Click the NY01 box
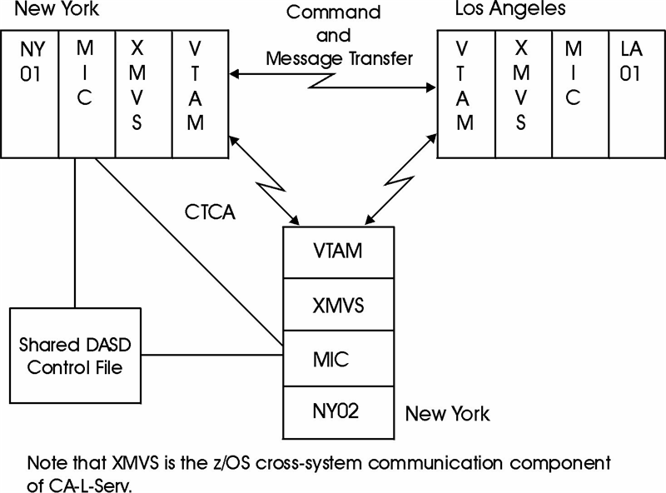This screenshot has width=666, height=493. pyautogui.click(x=30, y=93)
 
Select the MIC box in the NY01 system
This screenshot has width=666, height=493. pyautogui.click(x=86, y=93)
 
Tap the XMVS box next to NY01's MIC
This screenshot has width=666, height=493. pyautogui.click(x=142, y=93)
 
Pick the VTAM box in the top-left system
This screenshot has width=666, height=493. pyautogui.click(x=199, y=93)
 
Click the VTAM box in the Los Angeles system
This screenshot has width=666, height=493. pyautogui.click(x=465, y=93)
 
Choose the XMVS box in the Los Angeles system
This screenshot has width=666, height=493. pyautogui.click(x=522, y=93)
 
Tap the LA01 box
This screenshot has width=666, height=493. pyautogui.click(x=635, y=93)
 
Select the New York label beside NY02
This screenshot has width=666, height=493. pyautogui.click(x=447, y=413)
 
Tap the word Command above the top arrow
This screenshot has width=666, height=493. pyautogui.click(x=333, y=12)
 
